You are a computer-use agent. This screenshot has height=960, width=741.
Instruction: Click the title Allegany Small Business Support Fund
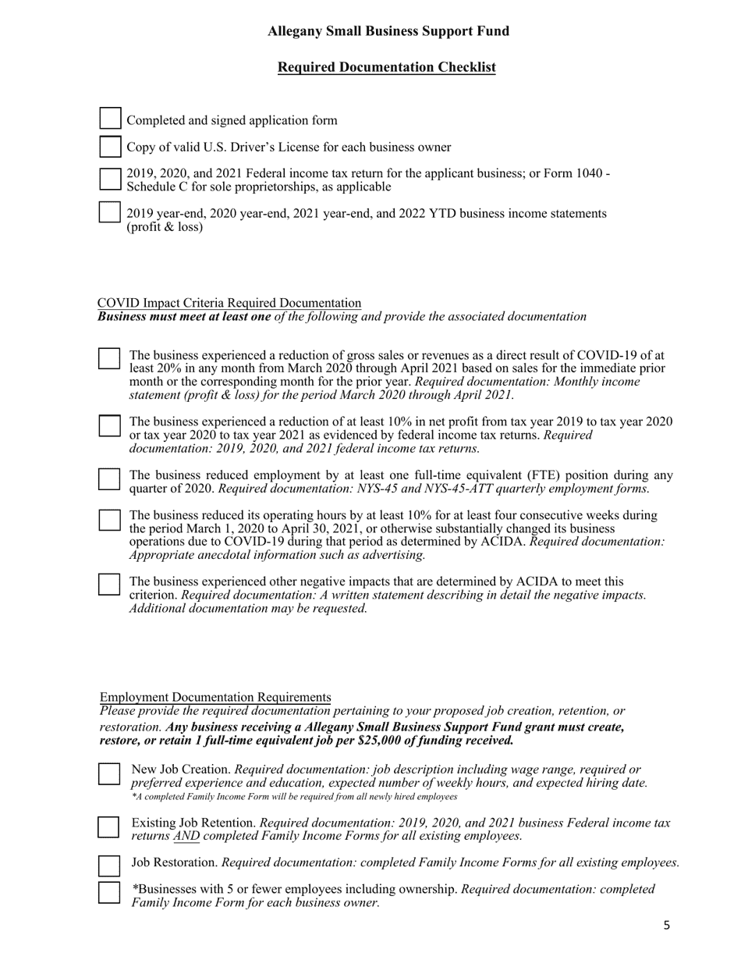coord(388,31)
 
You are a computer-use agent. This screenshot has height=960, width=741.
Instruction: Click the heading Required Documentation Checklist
coord(386,67)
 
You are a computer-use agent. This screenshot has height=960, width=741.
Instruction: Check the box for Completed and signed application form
coord(110,119)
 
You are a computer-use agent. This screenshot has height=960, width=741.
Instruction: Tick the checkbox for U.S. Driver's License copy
coord(110,146)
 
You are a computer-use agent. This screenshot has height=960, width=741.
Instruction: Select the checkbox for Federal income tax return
coord(110,179)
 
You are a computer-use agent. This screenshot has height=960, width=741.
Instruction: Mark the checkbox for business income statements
coord(110,212)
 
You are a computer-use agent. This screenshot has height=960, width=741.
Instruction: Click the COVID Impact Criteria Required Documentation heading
coord(229,303)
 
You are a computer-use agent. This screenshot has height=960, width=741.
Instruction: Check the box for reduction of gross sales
coord(109,358)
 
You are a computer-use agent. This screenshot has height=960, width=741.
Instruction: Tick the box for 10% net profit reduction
coord(109,425)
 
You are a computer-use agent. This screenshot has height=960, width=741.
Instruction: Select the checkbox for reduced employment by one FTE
coord(109,479)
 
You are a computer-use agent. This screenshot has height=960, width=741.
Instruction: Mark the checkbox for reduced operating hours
coord(109,520)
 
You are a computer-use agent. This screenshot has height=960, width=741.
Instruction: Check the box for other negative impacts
coord(109,585)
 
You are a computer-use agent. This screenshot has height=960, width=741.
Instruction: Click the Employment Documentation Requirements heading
coord(215,697)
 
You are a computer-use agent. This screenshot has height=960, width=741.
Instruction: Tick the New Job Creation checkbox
coord(109,773)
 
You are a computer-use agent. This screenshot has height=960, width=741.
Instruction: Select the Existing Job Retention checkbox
coord(109,827)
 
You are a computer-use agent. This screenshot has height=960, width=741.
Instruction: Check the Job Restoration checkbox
coord(109,865)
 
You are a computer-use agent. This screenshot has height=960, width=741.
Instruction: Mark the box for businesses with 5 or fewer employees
coord(109,892)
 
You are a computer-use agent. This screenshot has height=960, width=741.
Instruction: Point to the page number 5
coord(666,926)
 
